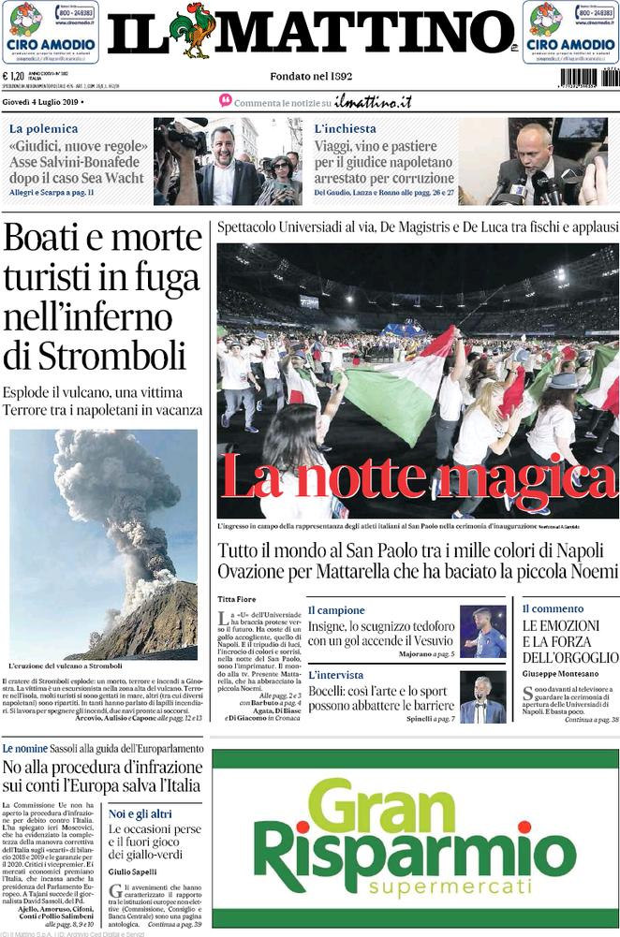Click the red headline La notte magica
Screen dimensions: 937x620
(x=418, y=476)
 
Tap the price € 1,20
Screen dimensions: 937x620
(x=16, y=78)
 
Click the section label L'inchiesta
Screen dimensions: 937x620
(x=345, y=129)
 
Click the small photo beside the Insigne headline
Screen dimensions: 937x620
(x=482, y=631)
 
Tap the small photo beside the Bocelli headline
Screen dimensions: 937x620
(x=482, y=697)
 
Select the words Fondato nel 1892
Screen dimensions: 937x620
(x=311, y=77)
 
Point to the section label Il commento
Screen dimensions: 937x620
(x=553, y=609)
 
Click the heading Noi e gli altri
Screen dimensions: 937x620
(x=140, y=814)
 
